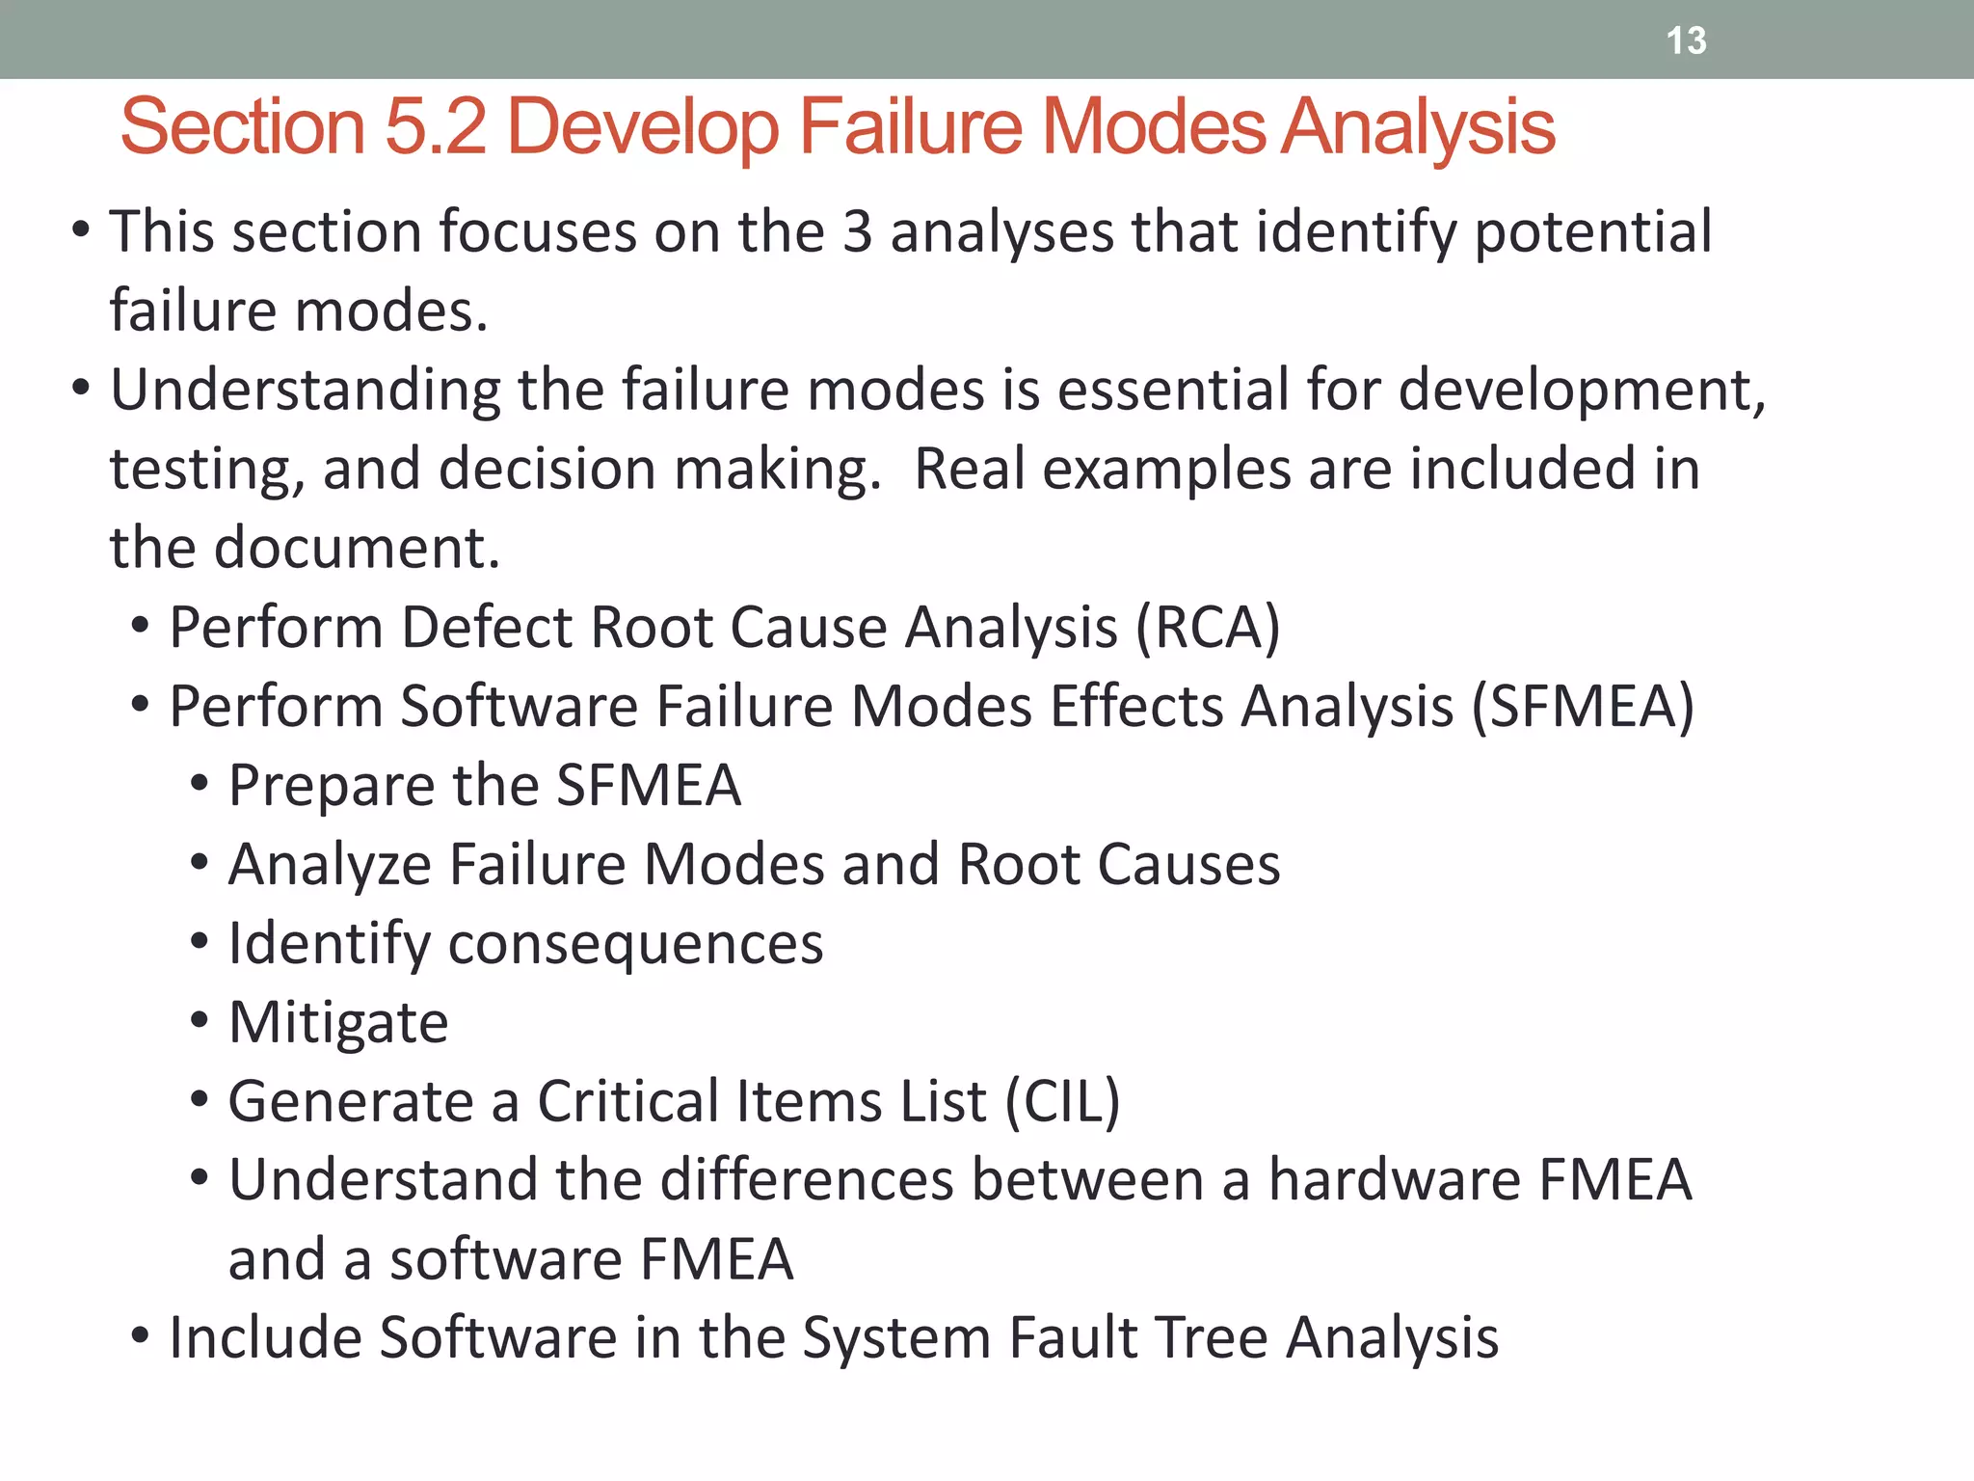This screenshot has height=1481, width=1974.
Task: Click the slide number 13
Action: point(1686,40)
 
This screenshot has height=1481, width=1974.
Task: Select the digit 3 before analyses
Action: point(857,232)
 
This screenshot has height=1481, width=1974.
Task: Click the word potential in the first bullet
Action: point(1593,233)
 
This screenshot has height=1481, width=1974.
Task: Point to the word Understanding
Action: point(306,391)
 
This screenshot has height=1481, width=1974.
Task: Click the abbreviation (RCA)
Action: point(1208,628)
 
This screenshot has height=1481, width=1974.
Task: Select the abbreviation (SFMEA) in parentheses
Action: point(1582,707)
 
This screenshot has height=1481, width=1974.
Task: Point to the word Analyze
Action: point(330,865)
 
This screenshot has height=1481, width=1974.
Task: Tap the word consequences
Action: point(636,944)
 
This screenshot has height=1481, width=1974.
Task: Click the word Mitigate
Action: point(338,1022)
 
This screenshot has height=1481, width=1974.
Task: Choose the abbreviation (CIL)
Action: point(1062,1101)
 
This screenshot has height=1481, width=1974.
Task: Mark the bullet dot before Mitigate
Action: point(200,1020)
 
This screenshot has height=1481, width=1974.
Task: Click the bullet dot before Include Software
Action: point(141,1336)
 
